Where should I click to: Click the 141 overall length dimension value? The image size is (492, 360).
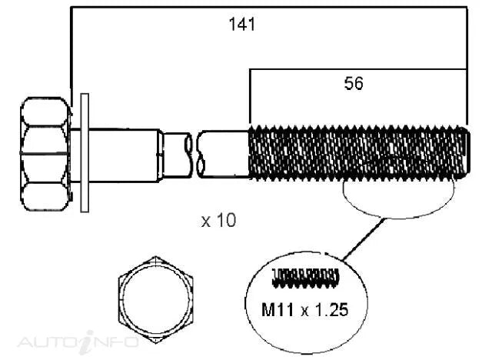coord(242,24)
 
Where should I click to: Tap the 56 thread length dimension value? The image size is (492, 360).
coord(354,84)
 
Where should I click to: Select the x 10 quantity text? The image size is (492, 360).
coord(218,220)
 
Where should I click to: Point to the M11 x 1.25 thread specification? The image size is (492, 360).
coord(304,310)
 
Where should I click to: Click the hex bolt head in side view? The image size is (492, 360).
coord(45,154)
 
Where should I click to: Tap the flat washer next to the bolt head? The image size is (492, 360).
coord(85,153)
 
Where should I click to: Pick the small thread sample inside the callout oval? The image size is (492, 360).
coord(305,278)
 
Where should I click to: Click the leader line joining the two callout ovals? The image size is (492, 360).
coord(364,239)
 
